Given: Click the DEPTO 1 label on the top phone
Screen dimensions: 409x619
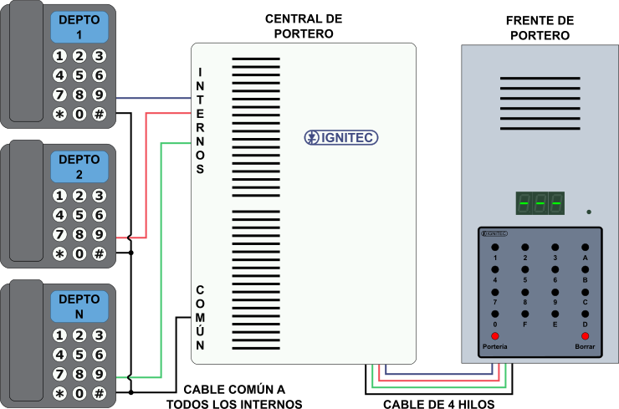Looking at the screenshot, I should pyautogui.click(x=79, y=27).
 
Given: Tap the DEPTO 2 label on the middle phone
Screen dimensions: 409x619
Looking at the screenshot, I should pyautogui.click(x=79, y=166).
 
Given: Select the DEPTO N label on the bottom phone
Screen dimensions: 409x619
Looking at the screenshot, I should pyautogui.click(x=79, y=306).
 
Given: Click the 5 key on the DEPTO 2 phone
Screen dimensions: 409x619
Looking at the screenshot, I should pyautogui.click(x=79, y=215).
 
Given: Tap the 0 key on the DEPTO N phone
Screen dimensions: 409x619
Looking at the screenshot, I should pyautogui.click(x=79, y=393).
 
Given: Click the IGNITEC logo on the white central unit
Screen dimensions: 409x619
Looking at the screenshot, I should pyautogui.click(x=341, y=137).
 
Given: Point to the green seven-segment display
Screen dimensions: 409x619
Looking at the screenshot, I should pyautogui.click(x=540, y=203).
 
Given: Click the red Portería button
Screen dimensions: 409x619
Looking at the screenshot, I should pyautogui.click(x=495, y=335).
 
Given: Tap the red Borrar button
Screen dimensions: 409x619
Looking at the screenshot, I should pyautogui.click(x=585, y=335).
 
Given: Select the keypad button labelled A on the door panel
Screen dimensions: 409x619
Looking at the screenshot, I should pyautogui.click(x=585, y=248).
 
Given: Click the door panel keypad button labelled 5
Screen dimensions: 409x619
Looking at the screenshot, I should pyautogui.click(x=525, y=269).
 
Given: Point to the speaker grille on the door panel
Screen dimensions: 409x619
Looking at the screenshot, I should pyautogui.click(x=540, y=100).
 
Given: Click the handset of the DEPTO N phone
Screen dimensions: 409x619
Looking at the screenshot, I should pyautogui.click(x=20, y=343).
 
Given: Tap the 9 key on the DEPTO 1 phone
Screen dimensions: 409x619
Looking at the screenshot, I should pyautogui.click(x=99, y=94).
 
